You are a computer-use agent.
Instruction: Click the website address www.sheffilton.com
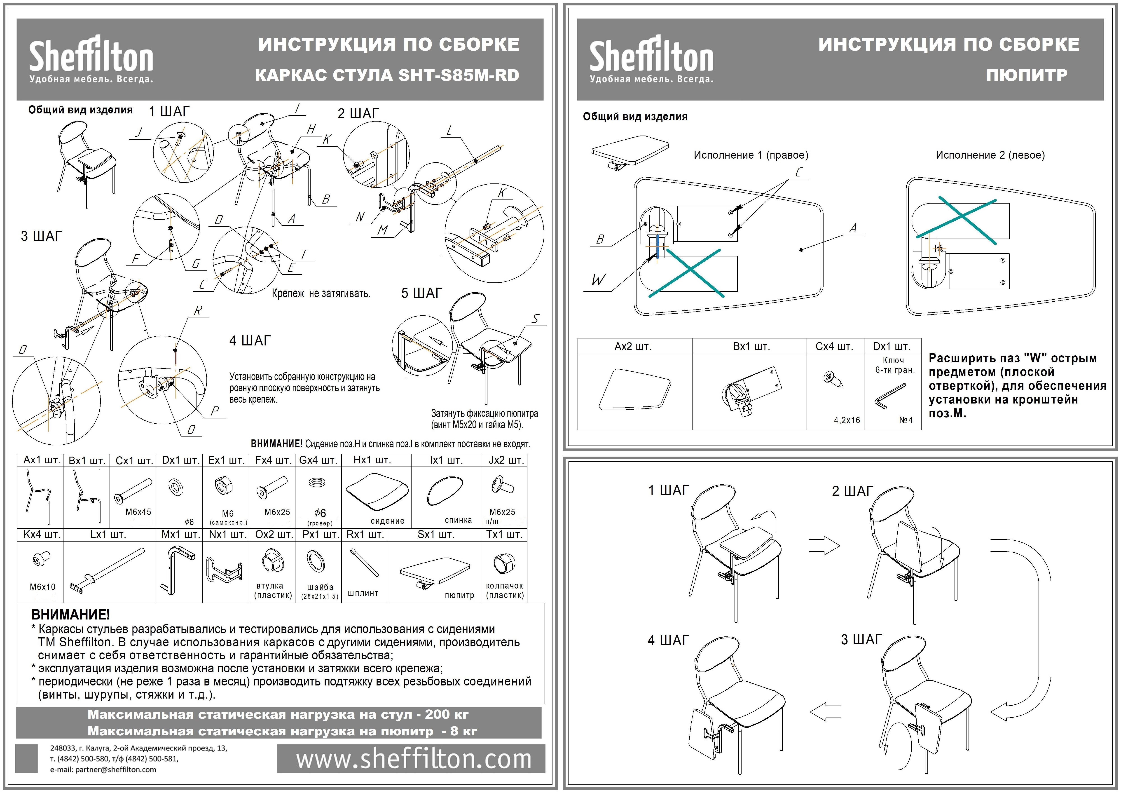(x=414, y=759)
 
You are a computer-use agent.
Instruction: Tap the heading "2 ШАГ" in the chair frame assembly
(x=358, y=114)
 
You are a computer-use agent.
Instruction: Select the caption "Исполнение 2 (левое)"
(x=990, y=155)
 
